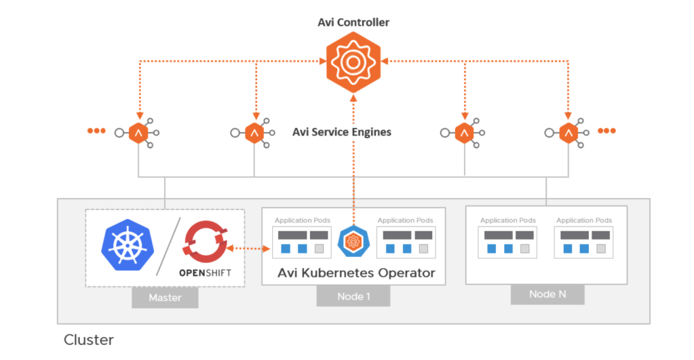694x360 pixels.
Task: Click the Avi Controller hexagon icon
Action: [x=353, y=62]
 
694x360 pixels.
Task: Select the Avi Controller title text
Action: [x=353, y=22]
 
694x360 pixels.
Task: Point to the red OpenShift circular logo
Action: [x=204, y=241]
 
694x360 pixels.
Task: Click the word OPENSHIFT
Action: [x=205, y=273]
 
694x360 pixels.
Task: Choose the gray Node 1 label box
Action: [x=353, y=296]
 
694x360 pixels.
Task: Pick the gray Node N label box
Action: [x=547, y=294]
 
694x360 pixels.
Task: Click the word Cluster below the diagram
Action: [x=89, y=340]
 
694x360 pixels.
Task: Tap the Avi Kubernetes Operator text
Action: [x=356, y=273]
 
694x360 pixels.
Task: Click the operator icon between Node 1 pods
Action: [x=353, y=241]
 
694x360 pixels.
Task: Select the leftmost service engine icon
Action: [x=139, y=133]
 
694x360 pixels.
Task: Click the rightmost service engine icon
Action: [x=567, y=133]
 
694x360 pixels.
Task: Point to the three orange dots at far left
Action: [x=96, y=131]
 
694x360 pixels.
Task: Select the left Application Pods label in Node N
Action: [x=508, y=220]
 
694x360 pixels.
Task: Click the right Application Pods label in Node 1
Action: [x=405, y=220]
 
